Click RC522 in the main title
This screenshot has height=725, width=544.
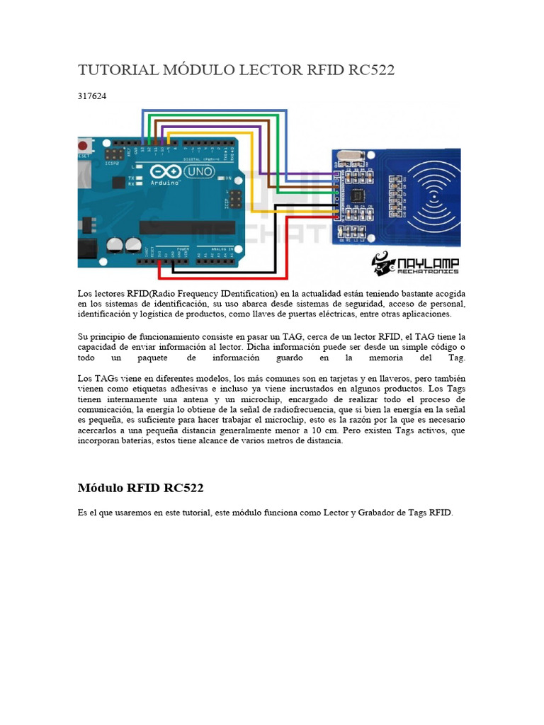(x=370, y=70)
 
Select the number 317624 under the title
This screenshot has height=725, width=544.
(x=92, y=95)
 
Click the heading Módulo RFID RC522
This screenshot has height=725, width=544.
(x=140, y=488)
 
